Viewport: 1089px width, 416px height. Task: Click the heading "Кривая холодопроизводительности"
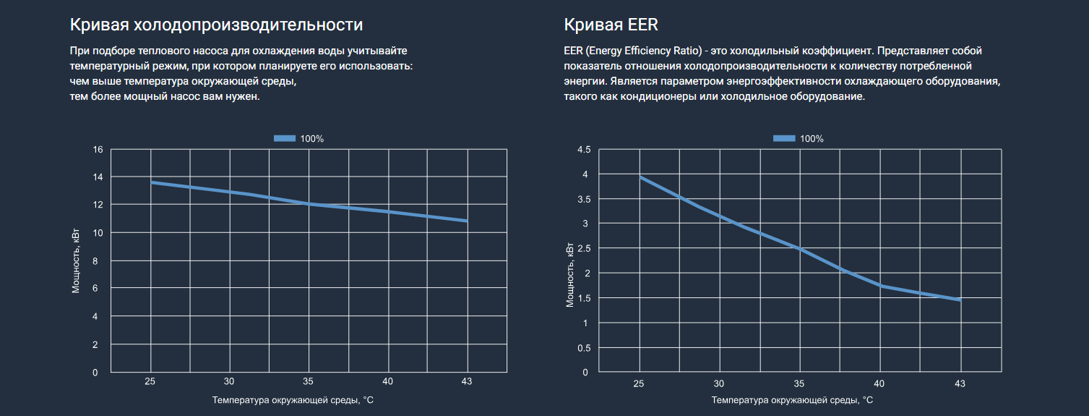pos(216,25)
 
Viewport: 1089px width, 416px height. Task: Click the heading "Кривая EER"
pos(611,25)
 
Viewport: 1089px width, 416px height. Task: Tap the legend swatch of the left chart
pos(285,138)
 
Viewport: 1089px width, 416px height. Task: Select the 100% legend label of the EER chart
pos(812,138)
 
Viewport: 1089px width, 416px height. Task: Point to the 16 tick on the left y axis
pos(98,150)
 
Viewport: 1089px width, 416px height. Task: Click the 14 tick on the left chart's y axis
pos(98,177)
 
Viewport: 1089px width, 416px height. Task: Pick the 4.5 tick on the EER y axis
pos(583,150)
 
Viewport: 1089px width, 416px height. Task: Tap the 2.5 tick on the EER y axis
pos(583,249)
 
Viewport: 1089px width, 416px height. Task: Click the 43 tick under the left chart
pos(467,381)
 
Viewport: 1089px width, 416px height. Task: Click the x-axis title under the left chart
pos(293,400)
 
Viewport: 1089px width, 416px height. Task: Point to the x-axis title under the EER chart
pos(792,400)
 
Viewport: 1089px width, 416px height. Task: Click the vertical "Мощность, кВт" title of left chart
pos(76,261)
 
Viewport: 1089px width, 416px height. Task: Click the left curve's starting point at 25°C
pos(151,182)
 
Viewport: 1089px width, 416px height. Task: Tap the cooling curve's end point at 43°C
pos(467,221)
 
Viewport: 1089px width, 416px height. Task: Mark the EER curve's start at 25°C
pos(640,177)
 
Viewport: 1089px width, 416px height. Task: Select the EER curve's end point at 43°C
pos(960,300)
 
